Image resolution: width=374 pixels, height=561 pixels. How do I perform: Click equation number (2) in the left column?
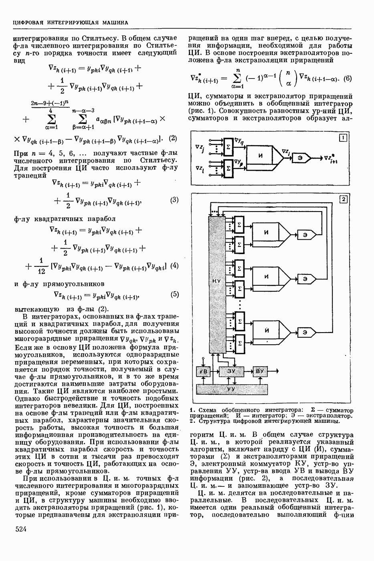point(173,139)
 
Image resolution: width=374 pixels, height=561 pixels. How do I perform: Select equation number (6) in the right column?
point(347,79)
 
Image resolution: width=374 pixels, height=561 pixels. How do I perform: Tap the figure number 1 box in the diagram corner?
point(343,138)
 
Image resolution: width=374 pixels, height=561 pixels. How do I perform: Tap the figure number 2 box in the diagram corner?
point(343,199)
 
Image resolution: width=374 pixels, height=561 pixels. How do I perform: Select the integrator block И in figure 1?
point(260,155)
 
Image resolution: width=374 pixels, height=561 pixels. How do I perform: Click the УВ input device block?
point(204,371)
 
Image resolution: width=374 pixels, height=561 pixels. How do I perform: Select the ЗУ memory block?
point(231,371)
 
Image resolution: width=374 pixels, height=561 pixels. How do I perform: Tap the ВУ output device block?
point(260,371)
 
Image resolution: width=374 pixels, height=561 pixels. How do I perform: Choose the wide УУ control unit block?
point(231,389)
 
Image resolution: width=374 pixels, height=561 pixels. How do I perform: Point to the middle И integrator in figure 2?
point(267,276)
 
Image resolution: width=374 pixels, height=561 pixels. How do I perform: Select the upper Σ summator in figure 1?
point(228,145)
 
